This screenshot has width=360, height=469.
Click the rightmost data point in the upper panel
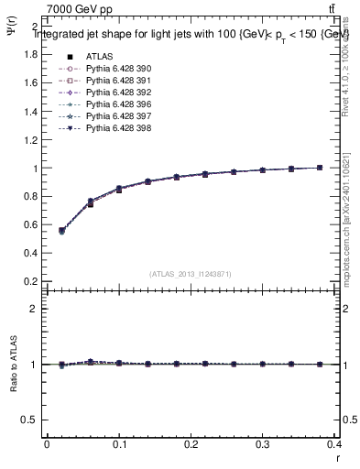(319, 168)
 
